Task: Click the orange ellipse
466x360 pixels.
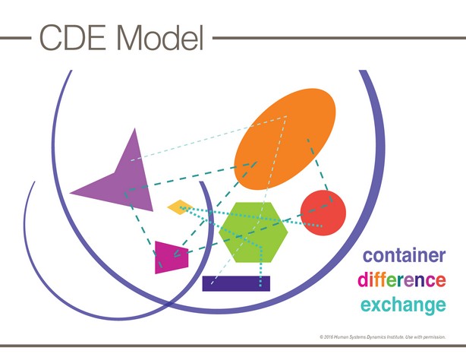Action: click(285, 139)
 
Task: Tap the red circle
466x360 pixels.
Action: click(323, 213)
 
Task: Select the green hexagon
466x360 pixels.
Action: click(253, 232)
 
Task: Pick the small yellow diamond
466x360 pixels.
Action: click(180, 207)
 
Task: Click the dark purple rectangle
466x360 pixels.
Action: click(236, 283)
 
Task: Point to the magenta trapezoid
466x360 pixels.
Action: click(172, 257)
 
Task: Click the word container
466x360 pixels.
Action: click(405, 256)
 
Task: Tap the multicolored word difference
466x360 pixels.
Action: click(401, 279)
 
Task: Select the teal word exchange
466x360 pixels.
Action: click(403, 305)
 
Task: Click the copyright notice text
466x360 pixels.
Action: click(383, 337)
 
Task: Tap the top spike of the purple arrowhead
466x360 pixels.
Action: click(134, 128)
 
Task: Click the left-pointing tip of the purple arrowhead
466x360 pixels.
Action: click(70, 193)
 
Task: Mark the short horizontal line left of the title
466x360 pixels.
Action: click(15, 38)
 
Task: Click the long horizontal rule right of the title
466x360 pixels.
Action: click(339, 38)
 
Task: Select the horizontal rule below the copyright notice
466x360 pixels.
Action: click(233, 346)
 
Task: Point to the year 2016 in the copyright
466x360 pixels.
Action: click(329, 337)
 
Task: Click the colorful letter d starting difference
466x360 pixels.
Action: click(362, 279)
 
